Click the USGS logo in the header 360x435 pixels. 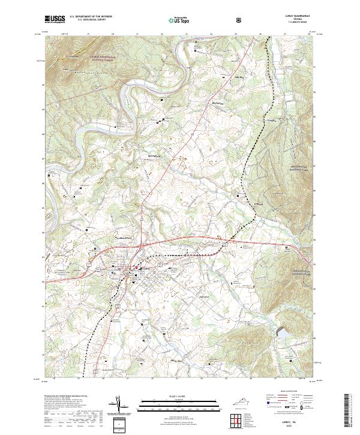point(54,19)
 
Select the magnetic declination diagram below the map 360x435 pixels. point(124,406)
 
